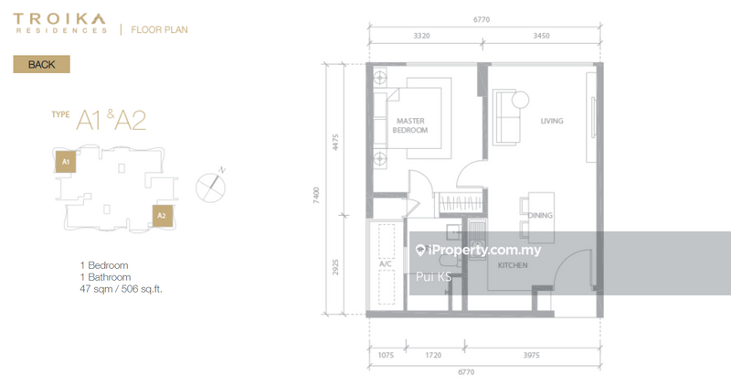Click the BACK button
(x=41, y=65)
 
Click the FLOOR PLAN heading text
(x=160, y=29)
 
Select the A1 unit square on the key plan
(x=65, y=163)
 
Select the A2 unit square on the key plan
(x=161, y=216)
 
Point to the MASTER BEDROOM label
(x=410, y=125)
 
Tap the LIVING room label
(x=551, y=121)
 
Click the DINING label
(x=541, y=215)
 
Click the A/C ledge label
(x=385, y=265)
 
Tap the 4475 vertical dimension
(x=335, y=141)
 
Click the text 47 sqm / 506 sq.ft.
(x=126, y=288)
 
